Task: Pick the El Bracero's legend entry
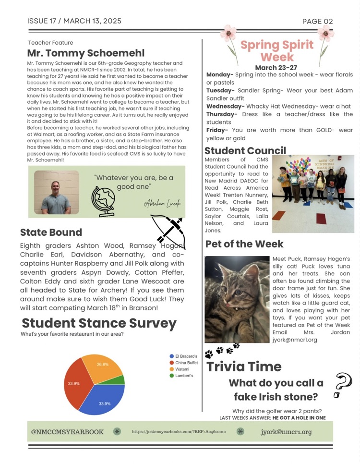183,356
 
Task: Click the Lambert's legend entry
182,376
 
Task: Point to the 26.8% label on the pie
102,365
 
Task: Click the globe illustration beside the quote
104,201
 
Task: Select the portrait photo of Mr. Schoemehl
56,192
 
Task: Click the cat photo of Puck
237,299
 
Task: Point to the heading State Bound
51,232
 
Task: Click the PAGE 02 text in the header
317,21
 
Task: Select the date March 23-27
276,68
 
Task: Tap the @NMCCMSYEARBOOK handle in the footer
67,432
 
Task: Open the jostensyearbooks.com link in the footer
179,432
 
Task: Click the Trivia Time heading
244,367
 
